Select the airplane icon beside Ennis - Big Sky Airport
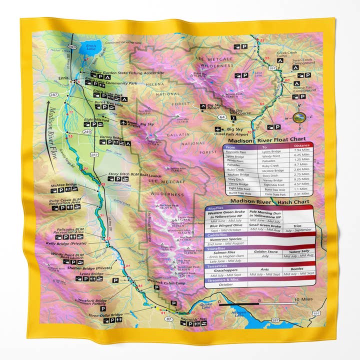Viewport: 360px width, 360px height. (x=123, y=122)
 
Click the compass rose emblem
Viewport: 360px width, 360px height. (x=299, y=117)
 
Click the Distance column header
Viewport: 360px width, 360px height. (x=301, y=146)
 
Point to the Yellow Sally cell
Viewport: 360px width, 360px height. (x=298, y=252)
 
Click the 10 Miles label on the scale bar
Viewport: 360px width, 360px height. (x=304, y=300)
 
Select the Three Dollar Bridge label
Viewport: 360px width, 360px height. (x=105, y=315)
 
